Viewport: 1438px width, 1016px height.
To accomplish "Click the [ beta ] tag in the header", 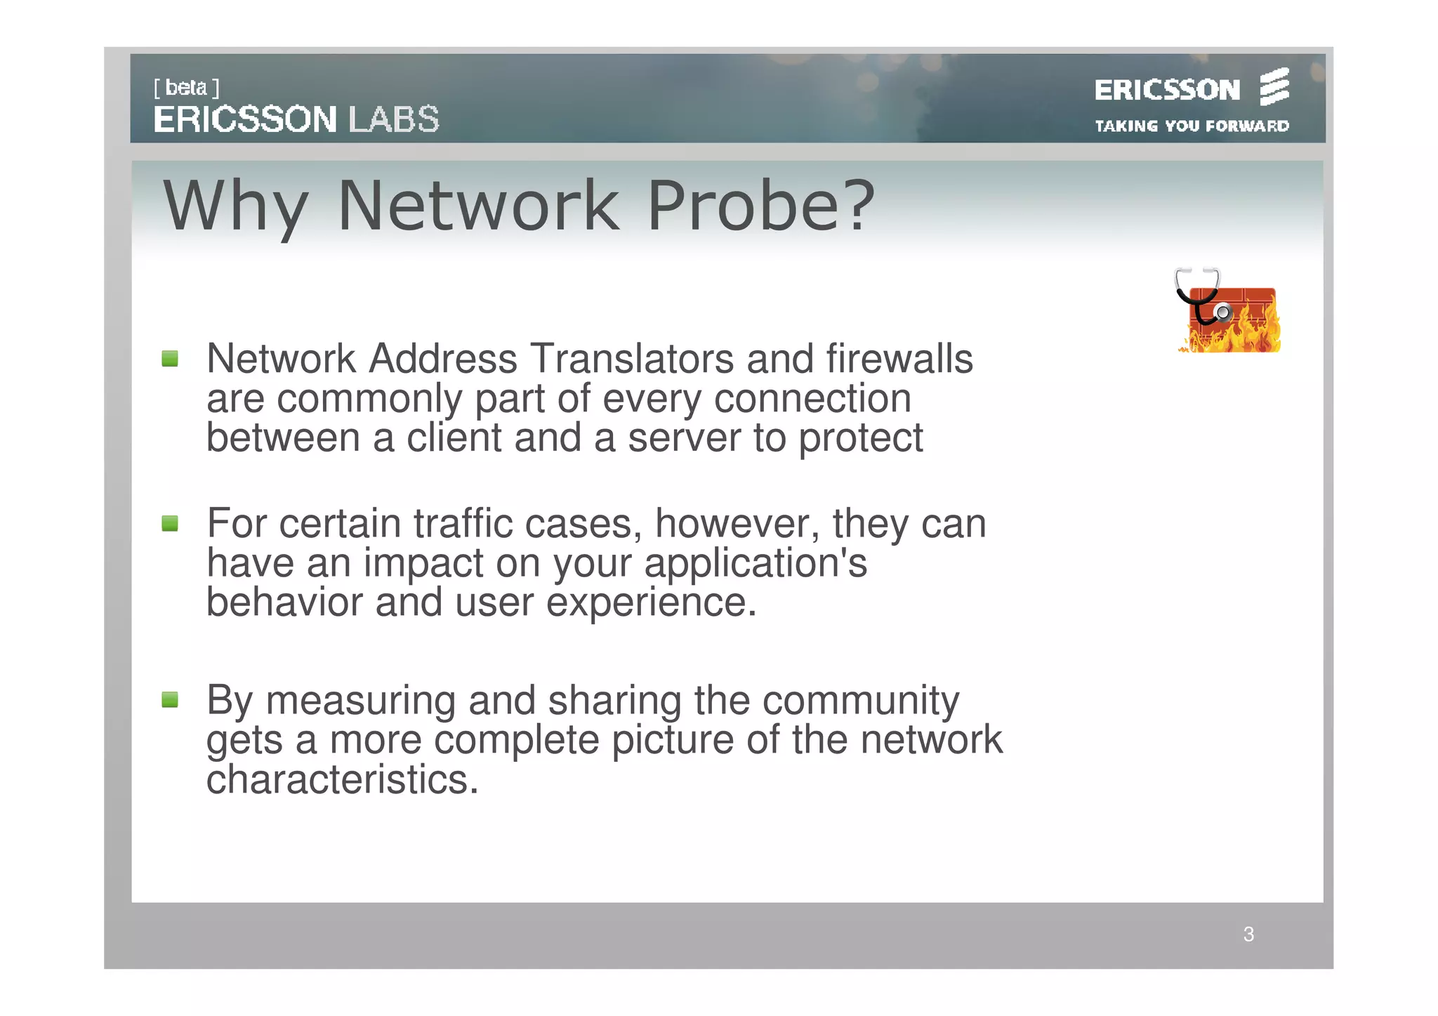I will [x=186, y=88].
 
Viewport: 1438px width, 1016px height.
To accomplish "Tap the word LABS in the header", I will [x=394, y=119].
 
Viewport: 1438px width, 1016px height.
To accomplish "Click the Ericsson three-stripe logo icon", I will [x=1274, y=87].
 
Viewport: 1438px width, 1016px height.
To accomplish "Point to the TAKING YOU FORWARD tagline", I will [x=1192, y=126].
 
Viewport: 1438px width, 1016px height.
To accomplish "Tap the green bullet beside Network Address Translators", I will [x=170, y=359].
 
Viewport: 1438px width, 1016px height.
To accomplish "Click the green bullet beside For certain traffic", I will [x=170, y=523].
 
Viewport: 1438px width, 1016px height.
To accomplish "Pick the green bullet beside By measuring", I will [x=170, y=699].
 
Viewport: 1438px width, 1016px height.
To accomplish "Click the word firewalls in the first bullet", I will [x=899, y=359].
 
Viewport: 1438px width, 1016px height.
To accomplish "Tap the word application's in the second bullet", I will [x=756, y=563].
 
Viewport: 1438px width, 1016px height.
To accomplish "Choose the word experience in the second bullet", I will [x=651, y=602].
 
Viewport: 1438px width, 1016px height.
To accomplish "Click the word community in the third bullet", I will [x=861, y=701].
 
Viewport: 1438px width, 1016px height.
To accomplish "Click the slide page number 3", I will [x=1248, y=935].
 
